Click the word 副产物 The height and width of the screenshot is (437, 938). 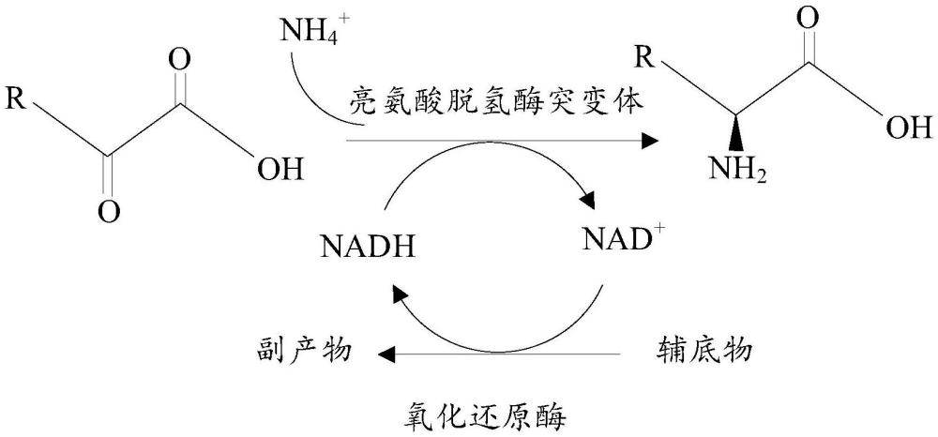[302, 353]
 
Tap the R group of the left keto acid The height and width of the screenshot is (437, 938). [17, 97]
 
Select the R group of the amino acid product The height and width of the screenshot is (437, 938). [643, 60]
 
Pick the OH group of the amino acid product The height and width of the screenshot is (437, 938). [907, 128]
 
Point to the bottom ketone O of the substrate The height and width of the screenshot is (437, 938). [110, 212]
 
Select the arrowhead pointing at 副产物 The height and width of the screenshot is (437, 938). [386, 354]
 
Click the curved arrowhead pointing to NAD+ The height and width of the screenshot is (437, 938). [587, 202]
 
